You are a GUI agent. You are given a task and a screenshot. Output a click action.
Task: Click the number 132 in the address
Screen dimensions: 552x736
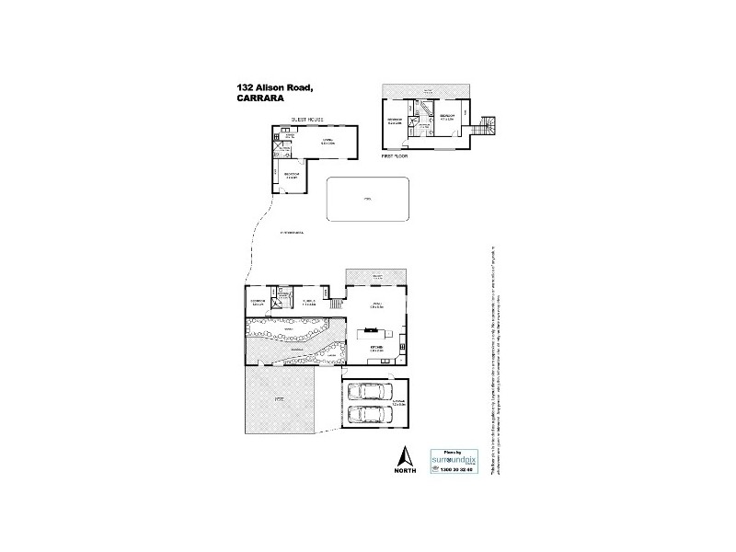tap(246, 86)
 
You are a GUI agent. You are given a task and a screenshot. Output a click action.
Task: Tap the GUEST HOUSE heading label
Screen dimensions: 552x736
tap(308, 120)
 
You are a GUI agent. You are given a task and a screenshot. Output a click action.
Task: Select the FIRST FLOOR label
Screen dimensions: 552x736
tap(395, 157)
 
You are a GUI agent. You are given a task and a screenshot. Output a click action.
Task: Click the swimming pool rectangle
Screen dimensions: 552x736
tap(368, 199)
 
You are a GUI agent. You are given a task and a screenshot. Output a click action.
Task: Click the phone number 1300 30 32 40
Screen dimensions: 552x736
tap(452, 470)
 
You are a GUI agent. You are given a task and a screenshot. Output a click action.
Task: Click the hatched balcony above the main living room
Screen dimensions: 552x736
tap(375, 276)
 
